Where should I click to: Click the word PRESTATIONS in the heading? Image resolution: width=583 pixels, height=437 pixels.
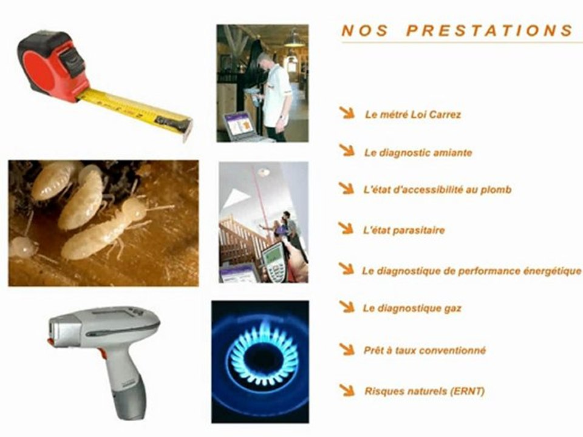(x=489, y=30)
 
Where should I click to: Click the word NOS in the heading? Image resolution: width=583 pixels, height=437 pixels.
(x=365, y=30)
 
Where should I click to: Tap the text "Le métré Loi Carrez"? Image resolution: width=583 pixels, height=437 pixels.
(x=413, y=115)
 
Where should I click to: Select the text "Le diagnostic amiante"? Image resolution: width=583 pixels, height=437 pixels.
(x=418, y=153)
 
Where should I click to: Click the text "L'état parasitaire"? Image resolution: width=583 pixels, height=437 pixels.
(x=404, y=231)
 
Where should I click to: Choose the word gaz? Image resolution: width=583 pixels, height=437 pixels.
(x=452, y=309)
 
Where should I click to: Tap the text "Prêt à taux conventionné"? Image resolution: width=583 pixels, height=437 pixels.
(x=424, y=350)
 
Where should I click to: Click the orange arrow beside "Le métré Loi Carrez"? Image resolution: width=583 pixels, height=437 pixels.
(x=347, y=113)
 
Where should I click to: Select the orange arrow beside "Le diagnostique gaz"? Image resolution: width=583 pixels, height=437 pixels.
(x=347, y=307)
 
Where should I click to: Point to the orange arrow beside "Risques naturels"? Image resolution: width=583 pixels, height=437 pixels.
(x=347, y=390)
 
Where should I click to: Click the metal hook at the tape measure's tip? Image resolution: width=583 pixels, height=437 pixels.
(x=187, y=131)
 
